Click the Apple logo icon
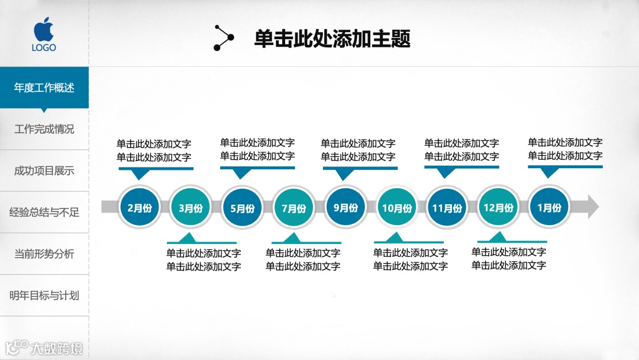pos(44,28)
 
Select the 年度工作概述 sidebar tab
pos(44,88)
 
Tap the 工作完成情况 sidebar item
pos(44,129)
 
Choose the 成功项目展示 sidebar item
pos(44,171)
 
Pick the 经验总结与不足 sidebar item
pos(44,212)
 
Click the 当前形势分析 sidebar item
pos(44,254)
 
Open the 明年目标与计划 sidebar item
pos(44,295)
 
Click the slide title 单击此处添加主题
pos(332,39)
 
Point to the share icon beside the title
pos(224,38)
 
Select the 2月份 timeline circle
pos(139,207)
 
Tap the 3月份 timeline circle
pos(190,208)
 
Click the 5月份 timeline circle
pos(242,208)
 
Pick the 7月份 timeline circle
pos(293,208)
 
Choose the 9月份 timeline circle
pos(345,207)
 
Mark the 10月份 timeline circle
pos(396,208)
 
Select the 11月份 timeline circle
pos(447,208)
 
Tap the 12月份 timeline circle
pos(498,207)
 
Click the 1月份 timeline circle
pos(549,207)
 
